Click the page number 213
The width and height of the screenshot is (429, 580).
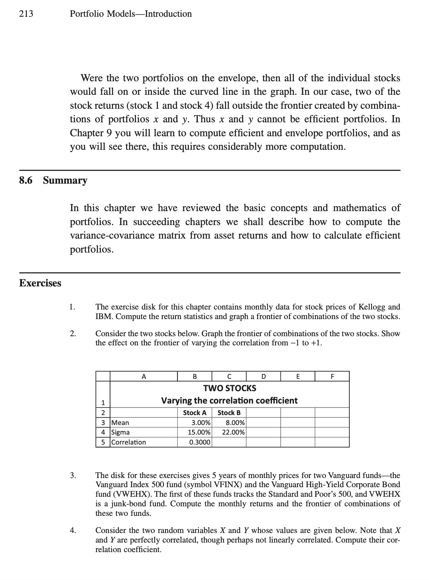[26, 14]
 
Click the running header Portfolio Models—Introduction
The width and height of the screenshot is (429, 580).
[130, 14]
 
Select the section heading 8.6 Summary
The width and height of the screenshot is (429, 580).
[53, 180]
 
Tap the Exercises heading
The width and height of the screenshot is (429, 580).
[40, 283]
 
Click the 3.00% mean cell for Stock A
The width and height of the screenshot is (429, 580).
[201, 423]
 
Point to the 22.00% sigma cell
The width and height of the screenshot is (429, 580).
[233, 432]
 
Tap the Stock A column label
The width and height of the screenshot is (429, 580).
[195, 413]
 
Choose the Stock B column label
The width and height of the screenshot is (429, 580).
[229, 413]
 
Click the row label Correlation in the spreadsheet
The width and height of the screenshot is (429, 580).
[128, 442]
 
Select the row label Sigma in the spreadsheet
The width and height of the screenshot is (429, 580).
[120, 432]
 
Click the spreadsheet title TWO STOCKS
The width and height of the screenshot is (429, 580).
[230, 388]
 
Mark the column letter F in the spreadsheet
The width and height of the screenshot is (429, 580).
[332, 376]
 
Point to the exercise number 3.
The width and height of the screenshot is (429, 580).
[72, 475]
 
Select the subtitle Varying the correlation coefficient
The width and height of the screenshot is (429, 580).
[229, 400]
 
